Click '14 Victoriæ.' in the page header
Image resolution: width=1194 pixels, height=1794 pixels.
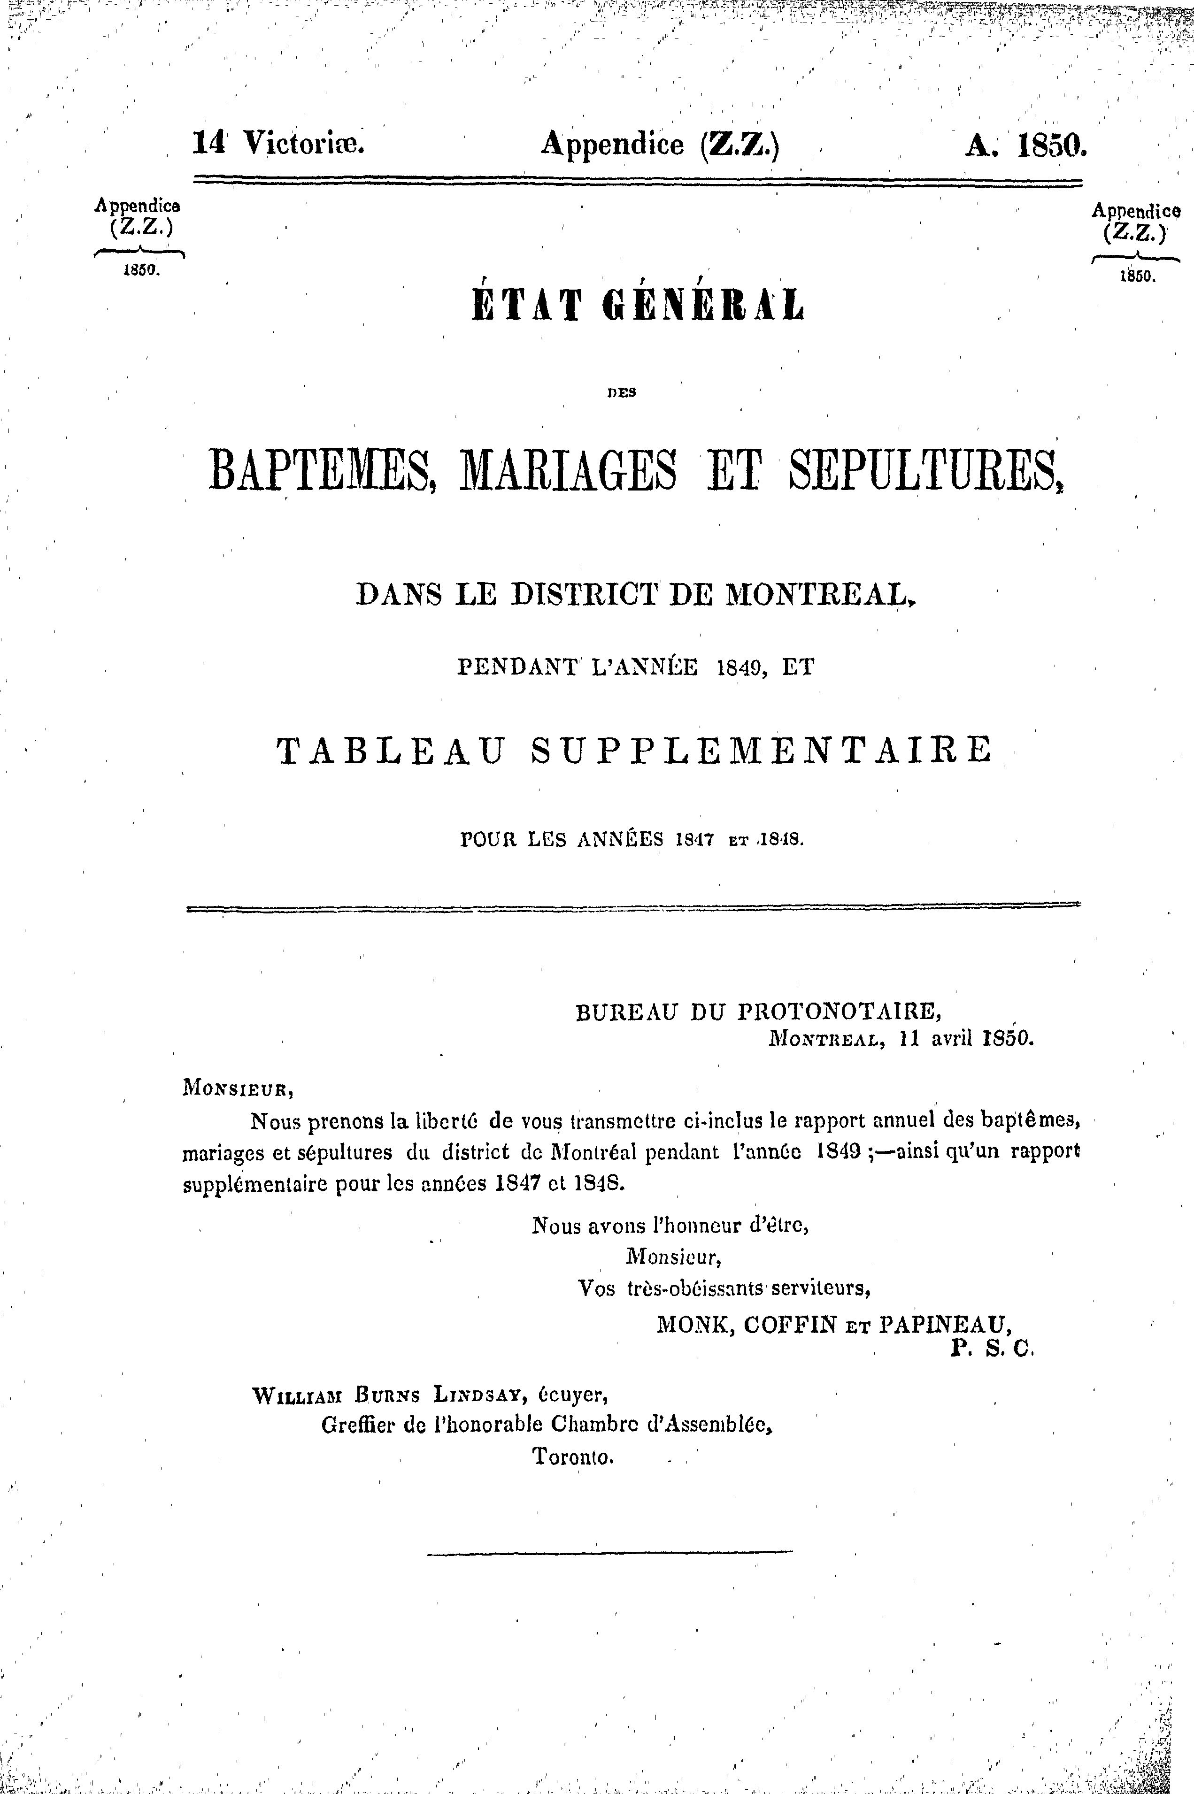pos(279,142)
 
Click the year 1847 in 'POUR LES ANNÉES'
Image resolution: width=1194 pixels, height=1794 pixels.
pos(696,841)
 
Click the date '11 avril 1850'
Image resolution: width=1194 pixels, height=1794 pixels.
pos(965,1038)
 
